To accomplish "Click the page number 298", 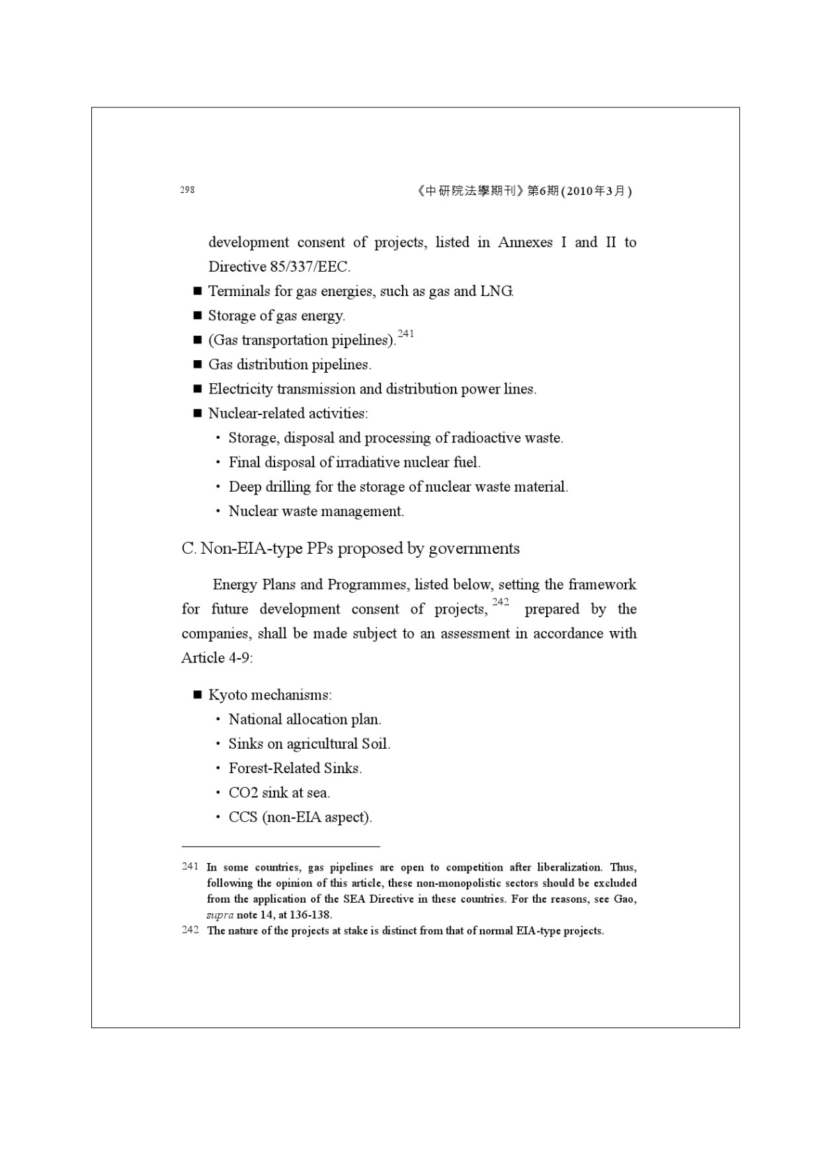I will coord(187,189).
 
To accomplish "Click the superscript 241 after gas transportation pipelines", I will coord(405,334).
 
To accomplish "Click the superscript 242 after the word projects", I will coord(500,602).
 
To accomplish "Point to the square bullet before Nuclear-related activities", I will coord(197,414).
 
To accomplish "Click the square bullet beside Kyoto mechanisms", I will coord(197,695).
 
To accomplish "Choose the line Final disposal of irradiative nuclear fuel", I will coord(354,462).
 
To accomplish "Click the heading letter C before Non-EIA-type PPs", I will coord(187,549).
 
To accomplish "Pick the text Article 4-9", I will coord(216,658).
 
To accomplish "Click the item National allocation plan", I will coord(304,719).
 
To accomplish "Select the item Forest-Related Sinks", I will coord(295,768).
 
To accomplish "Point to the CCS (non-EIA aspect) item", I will coord(300,817).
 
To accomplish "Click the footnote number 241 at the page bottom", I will coord(189,866).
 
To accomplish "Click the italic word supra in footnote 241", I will coord(219,915).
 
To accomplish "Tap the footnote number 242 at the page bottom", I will coord(189,931).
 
